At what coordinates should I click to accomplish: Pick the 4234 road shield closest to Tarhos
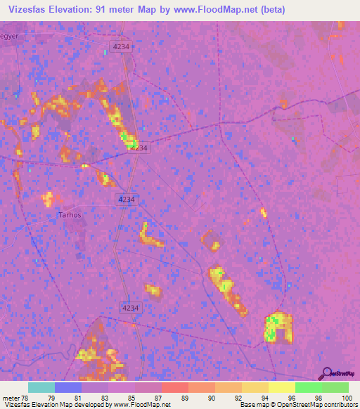click(x=127, y=200)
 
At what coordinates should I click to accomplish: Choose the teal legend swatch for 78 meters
click(x=41, y=387)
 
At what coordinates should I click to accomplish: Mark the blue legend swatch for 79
click(x=68, y=387)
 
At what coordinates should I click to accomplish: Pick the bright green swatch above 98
click(x=309, y=387)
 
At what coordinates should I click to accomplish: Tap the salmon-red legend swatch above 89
click(x=175, y=387)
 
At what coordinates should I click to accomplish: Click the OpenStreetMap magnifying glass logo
click(x=326, y=373)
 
